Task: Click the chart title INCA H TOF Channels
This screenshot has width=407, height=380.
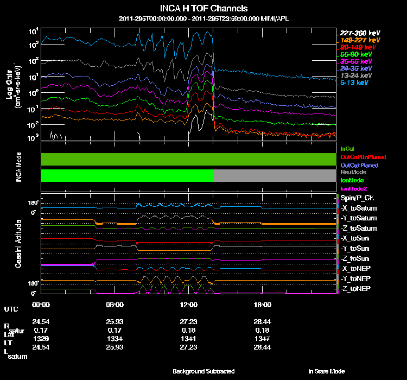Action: (x=204, y=9)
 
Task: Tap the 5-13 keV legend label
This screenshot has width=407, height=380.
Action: (x=355, y=83)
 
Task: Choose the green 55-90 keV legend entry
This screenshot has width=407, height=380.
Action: (x=355, y=54)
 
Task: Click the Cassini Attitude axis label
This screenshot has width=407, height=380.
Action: (x=19, y=244)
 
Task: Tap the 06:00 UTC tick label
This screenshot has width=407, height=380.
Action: (x=115, y=305)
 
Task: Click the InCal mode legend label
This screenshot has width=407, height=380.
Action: (x=347, y=148)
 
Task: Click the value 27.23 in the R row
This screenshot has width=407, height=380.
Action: (x=188, y=321)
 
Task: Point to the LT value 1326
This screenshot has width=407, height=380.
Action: (x=41, y=338)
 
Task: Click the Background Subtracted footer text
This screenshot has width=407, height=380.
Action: (x=203, y=371)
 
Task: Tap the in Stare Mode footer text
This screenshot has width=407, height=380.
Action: (x=327, y=371)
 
